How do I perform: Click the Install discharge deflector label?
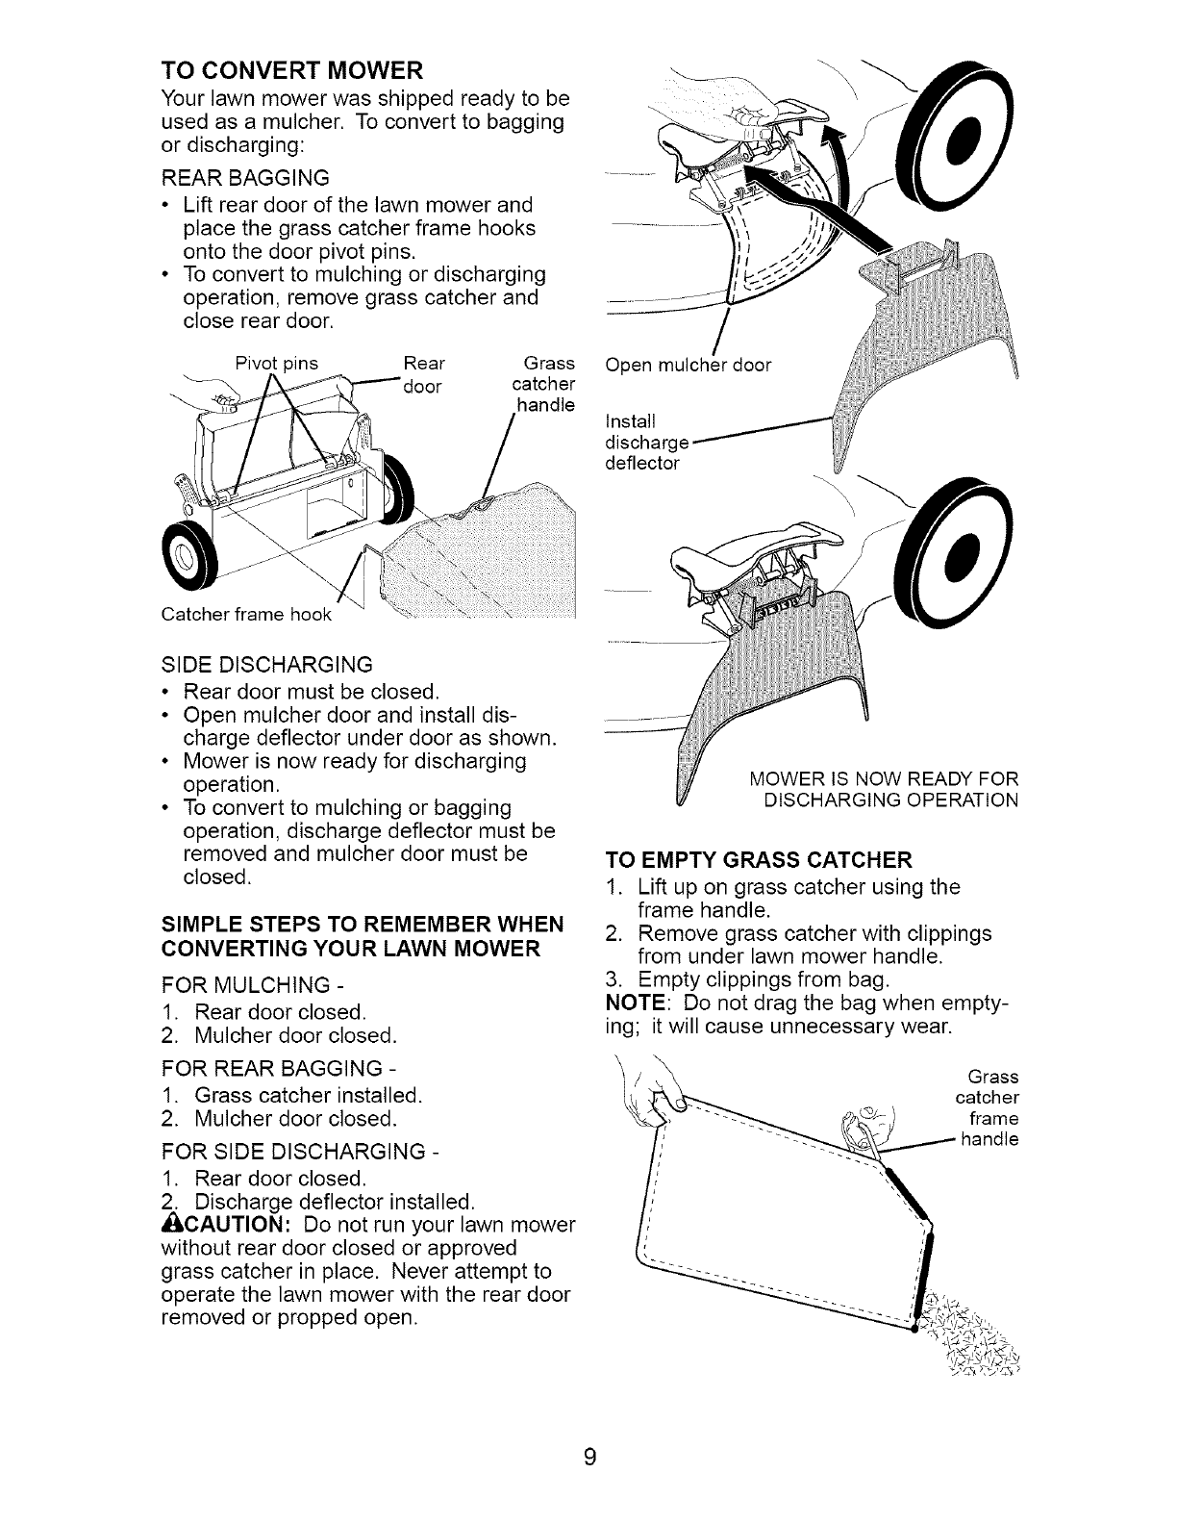[x=642, y=443]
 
